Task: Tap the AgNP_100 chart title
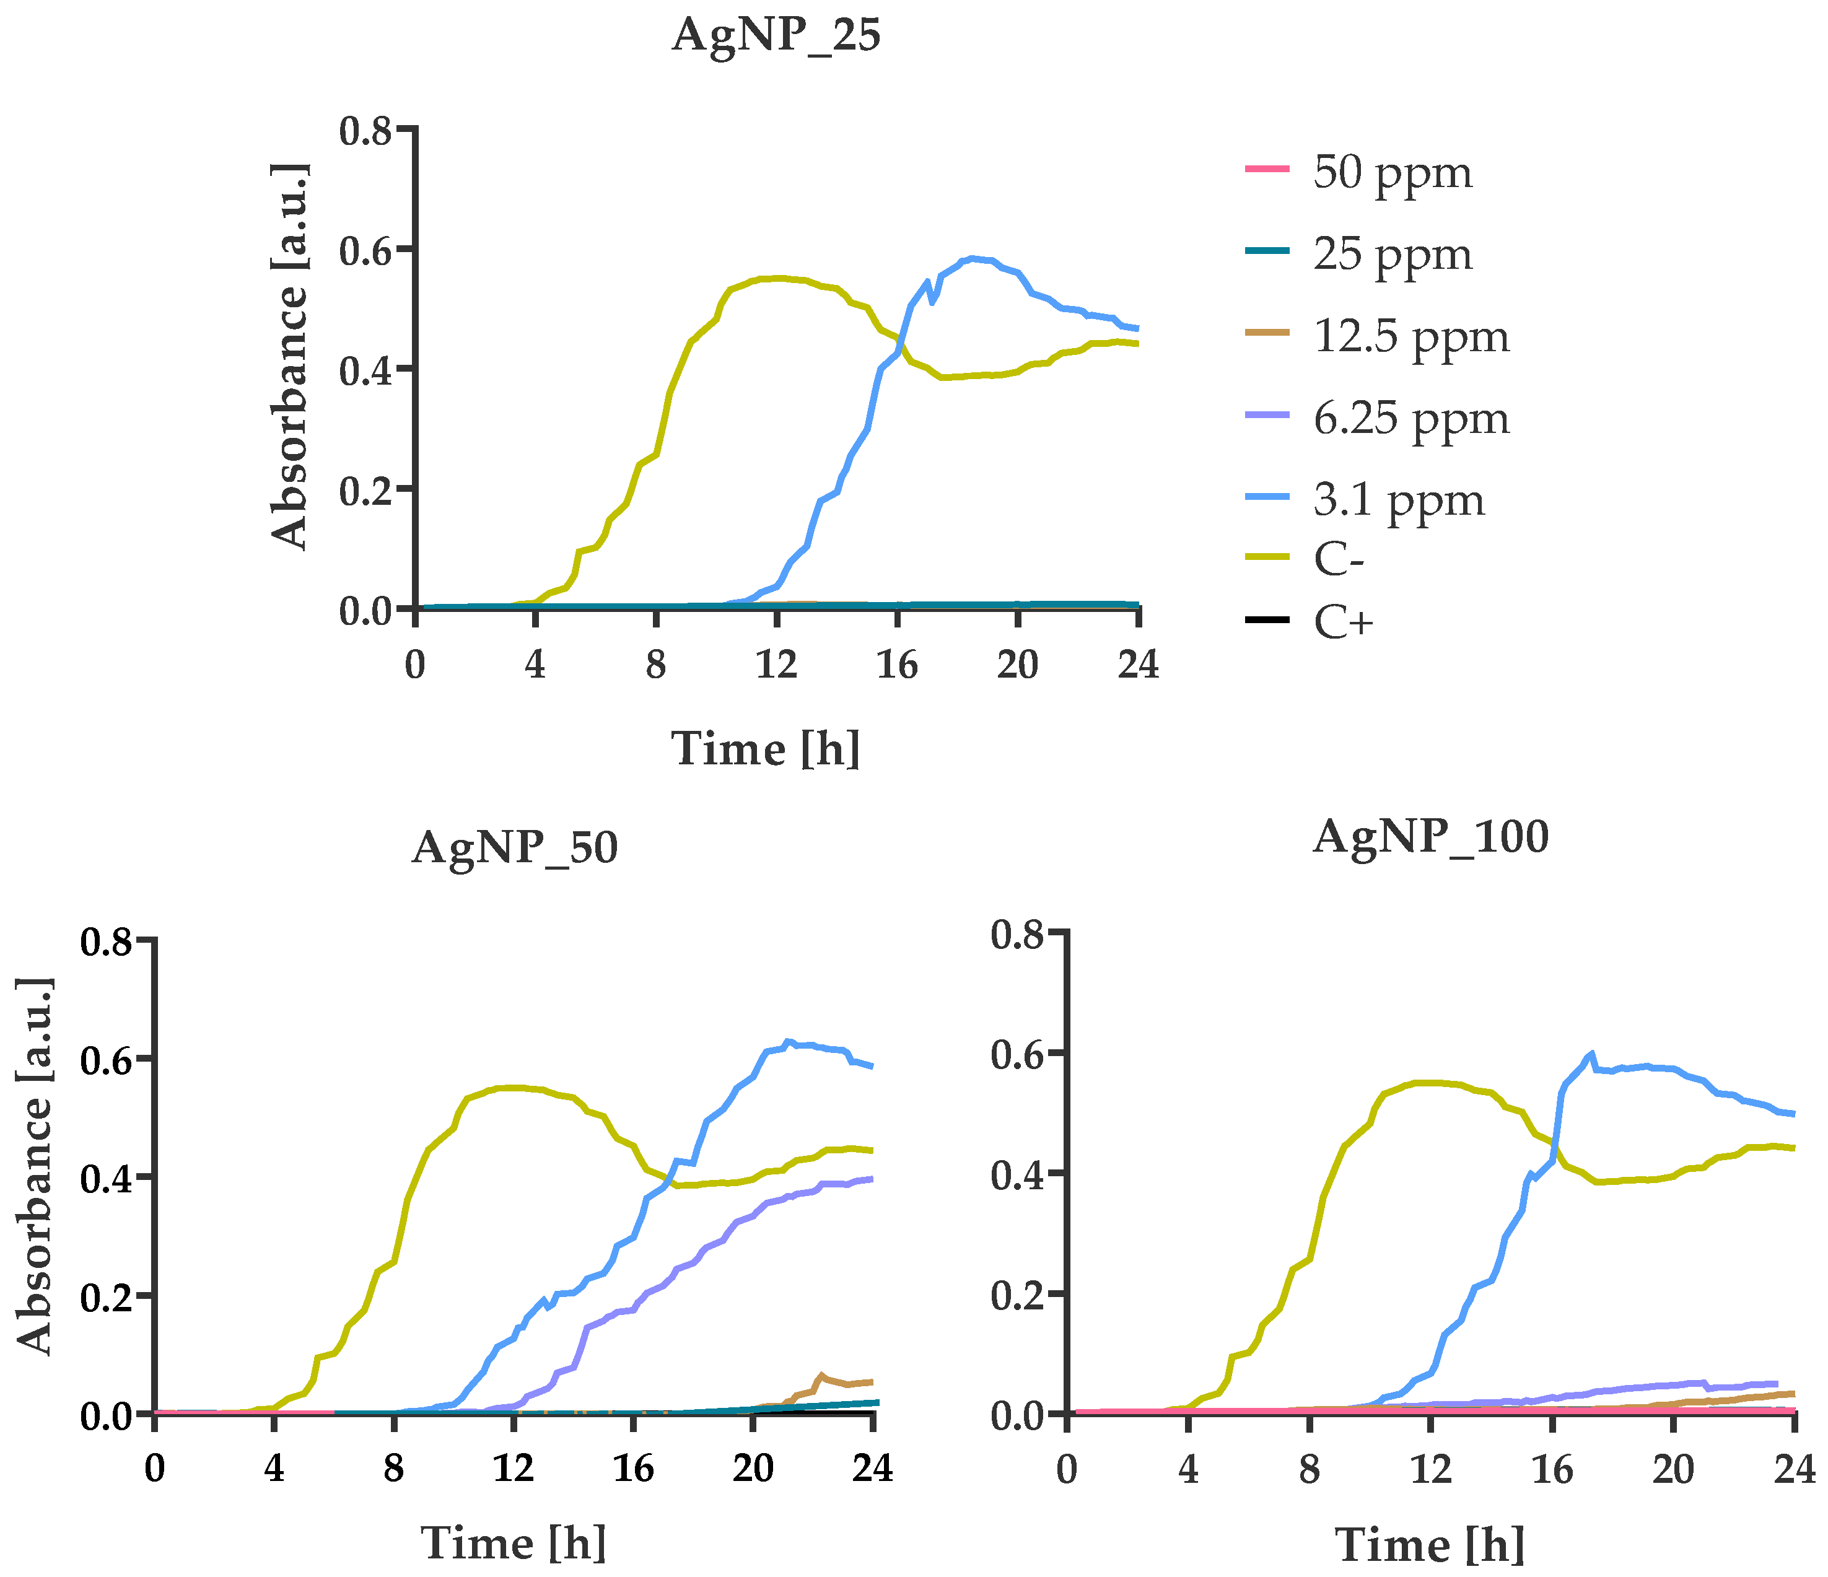(x=1430, y=837)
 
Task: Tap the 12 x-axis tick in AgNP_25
(x=776, y=664)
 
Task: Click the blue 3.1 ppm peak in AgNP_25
(x=971, y=258)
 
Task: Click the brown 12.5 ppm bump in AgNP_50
(x=821, y=1376)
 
